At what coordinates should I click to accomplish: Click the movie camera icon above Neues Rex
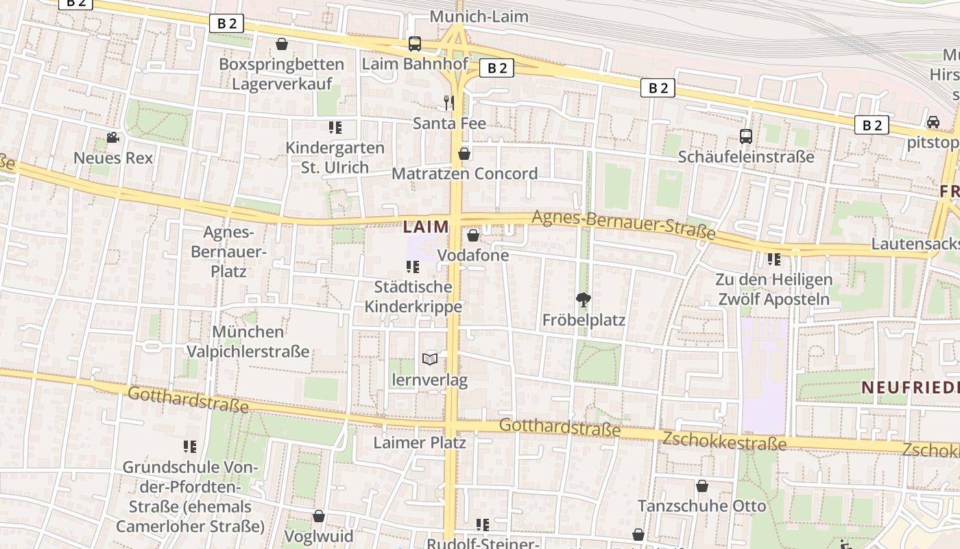point(112,138)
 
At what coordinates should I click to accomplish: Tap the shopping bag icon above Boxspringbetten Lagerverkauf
point(281,45)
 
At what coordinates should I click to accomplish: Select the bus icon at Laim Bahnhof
point(414,44)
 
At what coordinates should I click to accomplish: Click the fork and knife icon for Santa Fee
point(449,103)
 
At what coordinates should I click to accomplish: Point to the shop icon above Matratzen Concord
point(464,154)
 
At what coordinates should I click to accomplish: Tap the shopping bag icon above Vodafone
point(472,236)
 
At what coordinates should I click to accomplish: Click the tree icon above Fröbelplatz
point(584,300)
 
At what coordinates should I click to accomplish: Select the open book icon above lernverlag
point(430,359)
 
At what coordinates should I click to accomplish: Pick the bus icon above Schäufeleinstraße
point(745,137)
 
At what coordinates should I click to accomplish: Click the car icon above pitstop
point(933,122)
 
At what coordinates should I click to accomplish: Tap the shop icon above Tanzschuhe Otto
point(701,486)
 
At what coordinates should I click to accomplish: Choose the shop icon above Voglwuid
point(318,516)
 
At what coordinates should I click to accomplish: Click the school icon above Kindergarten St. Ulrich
point(335,128)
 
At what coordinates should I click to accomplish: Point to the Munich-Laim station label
point(479,16)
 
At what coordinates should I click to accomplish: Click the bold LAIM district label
point(427,226)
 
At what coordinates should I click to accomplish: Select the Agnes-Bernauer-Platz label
point(228,252)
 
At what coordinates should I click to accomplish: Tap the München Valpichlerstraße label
point(248,342)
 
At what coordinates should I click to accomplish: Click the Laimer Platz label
point(420,443)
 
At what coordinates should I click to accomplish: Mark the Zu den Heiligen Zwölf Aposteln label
point(773,290)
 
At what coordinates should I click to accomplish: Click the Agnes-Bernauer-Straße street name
point(623,225)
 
